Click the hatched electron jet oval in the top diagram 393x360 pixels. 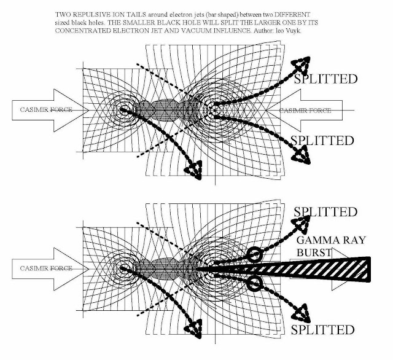pyautogui.click(x=163, y=110)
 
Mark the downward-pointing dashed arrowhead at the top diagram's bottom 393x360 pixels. pyautogui.click(x=196, y=168)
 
